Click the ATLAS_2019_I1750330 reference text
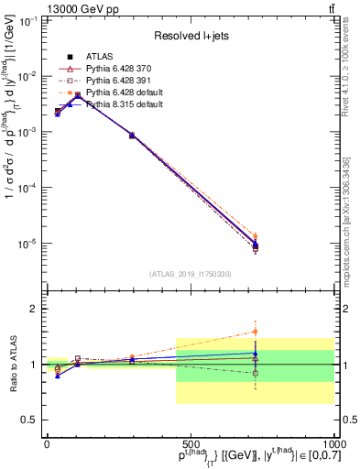click(x=190, y=274)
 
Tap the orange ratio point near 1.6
click(x=256, y=332)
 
